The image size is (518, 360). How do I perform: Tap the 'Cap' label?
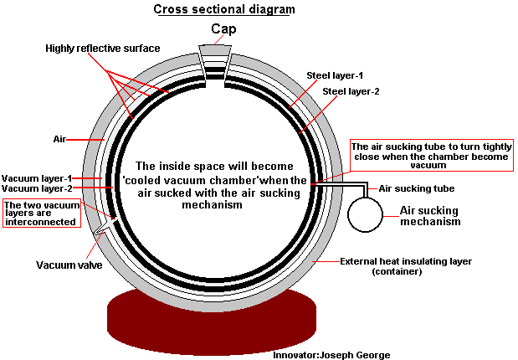click(223, 29)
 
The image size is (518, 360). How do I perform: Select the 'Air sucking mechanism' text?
click(430, 216)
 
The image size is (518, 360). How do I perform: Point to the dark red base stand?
click(210, 318)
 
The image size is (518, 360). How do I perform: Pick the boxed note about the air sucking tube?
click(429, 156)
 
